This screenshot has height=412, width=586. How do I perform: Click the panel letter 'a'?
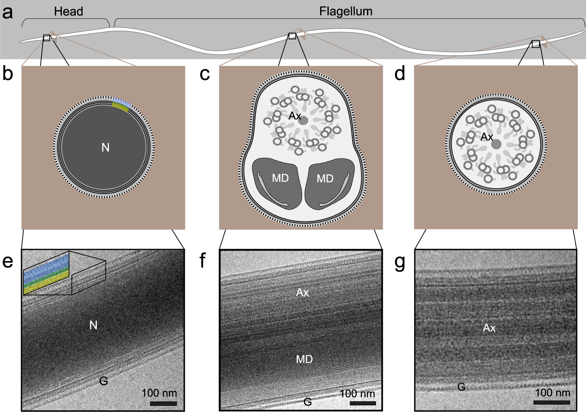(x=7, y=12)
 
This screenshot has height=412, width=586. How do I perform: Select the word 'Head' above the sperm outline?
(x=68, y=12)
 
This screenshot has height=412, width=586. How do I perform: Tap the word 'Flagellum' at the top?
(x=346, y=12)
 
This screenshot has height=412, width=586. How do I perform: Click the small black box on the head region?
(x=46, y=38)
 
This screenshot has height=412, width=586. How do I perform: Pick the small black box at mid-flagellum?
(x=292, y=36)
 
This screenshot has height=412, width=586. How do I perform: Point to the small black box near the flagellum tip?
(x=536, y=44)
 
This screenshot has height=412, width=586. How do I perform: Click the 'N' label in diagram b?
(x=105, y=147)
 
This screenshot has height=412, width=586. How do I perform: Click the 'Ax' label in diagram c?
(x=295, y=116)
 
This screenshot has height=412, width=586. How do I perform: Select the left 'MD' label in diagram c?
(x=280, y=178)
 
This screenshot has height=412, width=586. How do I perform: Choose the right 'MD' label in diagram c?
(x=325, y=179)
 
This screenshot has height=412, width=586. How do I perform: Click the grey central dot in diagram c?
(x=303, y=121)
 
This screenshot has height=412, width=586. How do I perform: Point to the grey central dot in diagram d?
(x=496, y=144)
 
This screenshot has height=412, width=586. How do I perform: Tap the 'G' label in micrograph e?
(x=103, y=381)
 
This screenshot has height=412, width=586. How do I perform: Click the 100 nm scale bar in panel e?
(x=163, y=403)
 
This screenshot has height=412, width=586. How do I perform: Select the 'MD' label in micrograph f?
(x=305, y=359)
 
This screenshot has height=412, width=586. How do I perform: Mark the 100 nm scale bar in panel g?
(x=552, y=402)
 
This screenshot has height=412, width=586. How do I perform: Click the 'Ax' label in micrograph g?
(x=489, y=328)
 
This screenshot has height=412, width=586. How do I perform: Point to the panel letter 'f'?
(x=202, y=261)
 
